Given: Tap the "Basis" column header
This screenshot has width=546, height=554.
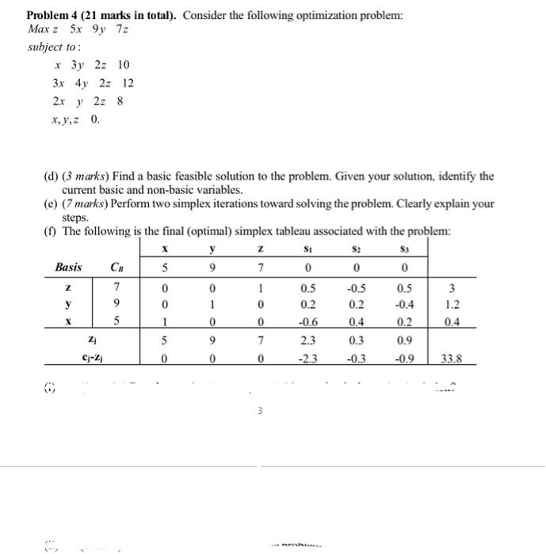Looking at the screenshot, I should (69, 266).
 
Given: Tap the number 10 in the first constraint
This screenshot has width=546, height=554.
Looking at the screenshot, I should (122, 64).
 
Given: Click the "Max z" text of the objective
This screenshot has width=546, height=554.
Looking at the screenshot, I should (40, 29).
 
